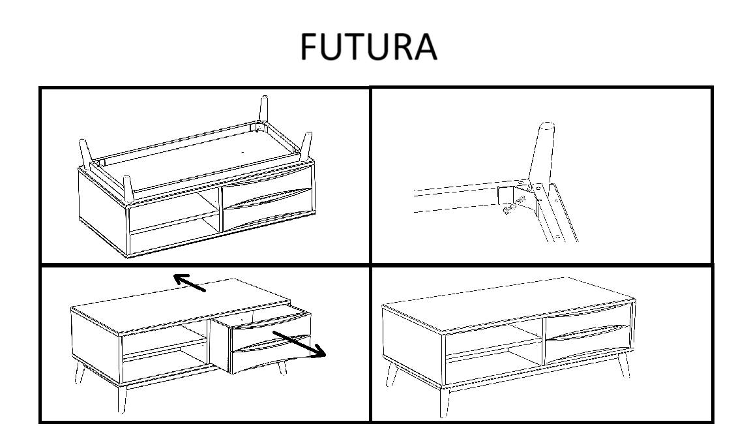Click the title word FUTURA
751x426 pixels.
369,46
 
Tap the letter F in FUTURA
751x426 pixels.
310,46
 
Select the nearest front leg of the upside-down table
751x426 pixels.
127,189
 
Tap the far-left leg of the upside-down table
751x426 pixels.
85,153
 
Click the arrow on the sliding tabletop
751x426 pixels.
190,282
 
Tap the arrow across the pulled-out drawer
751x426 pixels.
300,344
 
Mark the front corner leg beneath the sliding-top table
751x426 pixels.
122,398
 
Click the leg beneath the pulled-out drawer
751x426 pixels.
282,368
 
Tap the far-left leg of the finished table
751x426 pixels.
392,374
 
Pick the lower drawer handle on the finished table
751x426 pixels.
587,333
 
